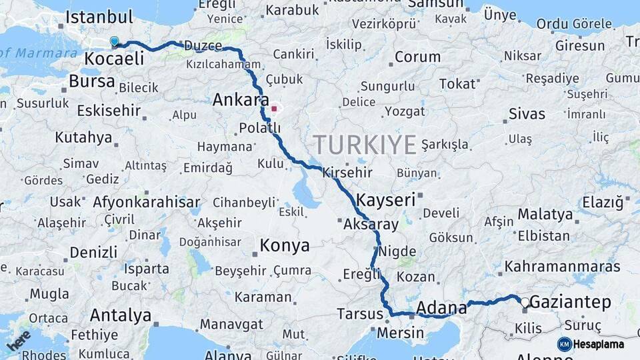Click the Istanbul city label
[100, 17]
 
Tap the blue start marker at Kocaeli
[114, 42]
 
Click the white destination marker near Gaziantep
[525, 303]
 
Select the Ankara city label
[236, 101]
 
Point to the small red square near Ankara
[273, 107]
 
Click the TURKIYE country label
[365, 145]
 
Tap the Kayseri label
[385, 199]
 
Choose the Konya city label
[285, 246]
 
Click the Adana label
[441, 308]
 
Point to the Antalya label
[120, 315]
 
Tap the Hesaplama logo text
[600, 345]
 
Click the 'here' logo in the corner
[19, 340]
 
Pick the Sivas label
[527, 114]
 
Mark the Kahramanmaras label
[562, 267]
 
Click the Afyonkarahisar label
[147, 202]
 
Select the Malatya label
[545, 215]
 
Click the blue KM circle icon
[565, 345]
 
